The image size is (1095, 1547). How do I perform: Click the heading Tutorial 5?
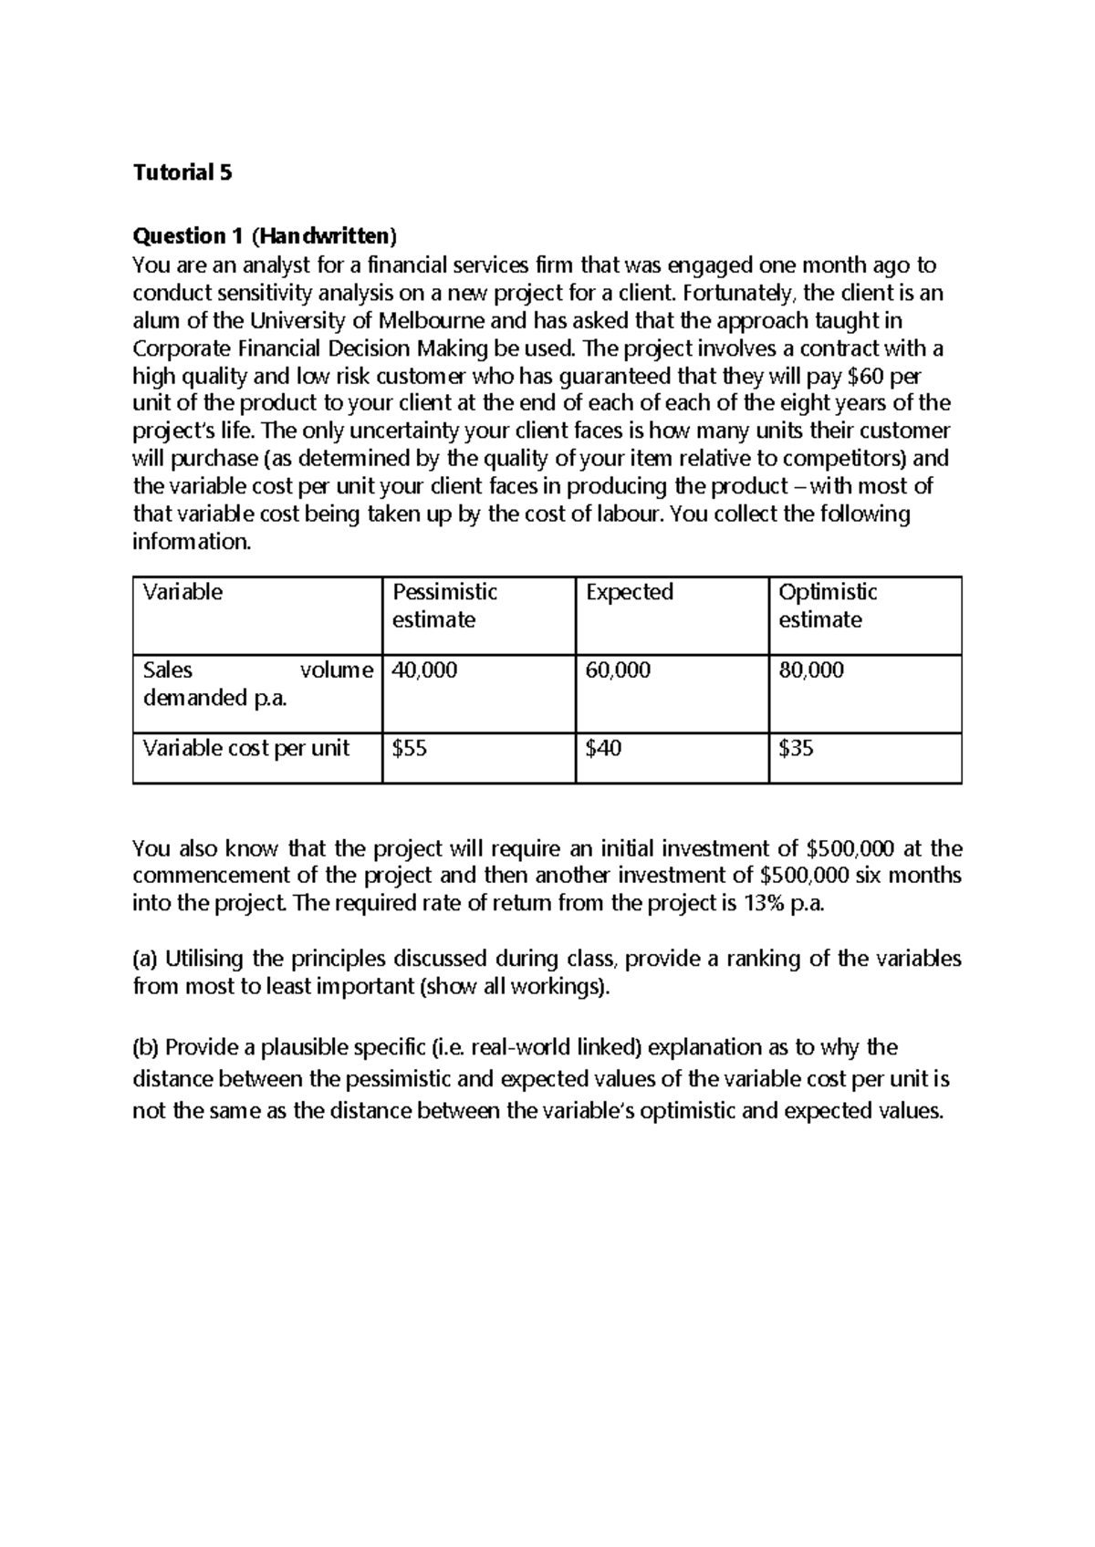pyautogui.click(x=182, y=172)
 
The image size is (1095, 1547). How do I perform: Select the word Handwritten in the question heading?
pyautogui.click(x=325, y=236)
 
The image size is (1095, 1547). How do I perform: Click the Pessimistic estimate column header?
pyautogui.click(x=444, y=606)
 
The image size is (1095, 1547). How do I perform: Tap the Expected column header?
pyautogui.click(x=629, y=592)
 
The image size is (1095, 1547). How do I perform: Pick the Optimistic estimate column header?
pyautogui.click(x=827, y=606)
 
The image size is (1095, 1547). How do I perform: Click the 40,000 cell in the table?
pyautogui.click(x=424, y=670)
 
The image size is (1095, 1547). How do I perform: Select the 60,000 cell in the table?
pyautogui.click(x=618, y=670)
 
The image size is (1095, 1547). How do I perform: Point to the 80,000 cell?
pyautogui.click(x=810, y=670)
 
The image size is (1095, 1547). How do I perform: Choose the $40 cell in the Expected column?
pyautogui.click(x=603, y=749)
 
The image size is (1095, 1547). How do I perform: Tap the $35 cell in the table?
pyautogui.click(x=796, y=749)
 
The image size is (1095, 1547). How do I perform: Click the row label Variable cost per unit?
pyautogui.click(x=245, y=749)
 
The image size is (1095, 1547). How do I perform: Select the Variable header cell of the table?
pyautogui.click(x=182, y=592)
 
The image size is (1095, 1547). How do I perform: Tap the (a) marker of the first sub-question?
pyautogui.click(x=145, y=959)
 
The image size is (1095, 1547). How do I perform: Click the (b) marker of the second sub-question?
pyautogui.click(x=145, y=1047)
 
